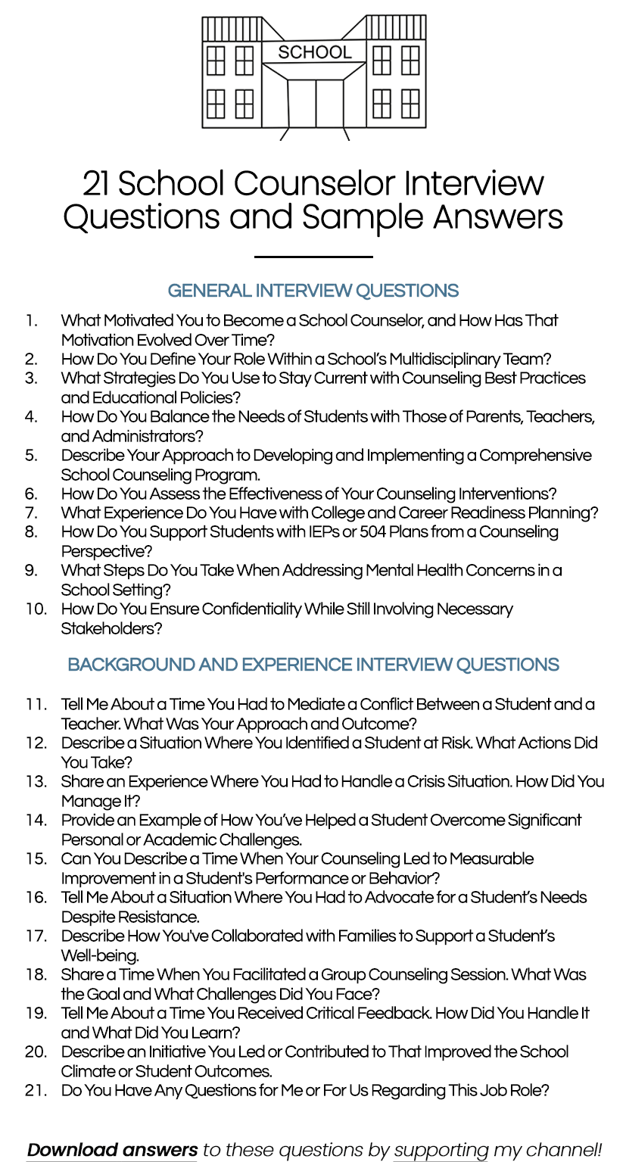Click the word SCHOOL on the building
point(314,52)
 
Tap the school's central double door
point(315,103)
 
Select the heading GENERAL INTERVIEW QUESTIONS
point(313,291)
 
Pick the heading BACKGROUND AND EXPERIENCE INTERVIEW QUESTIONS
point(313,665)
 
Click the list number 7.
point(31,513)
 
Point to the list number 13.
point(36,781)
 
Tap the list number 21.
point(36,1090)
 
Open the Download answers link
point(112,1151)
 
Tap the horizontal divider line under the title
point(313,257)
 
